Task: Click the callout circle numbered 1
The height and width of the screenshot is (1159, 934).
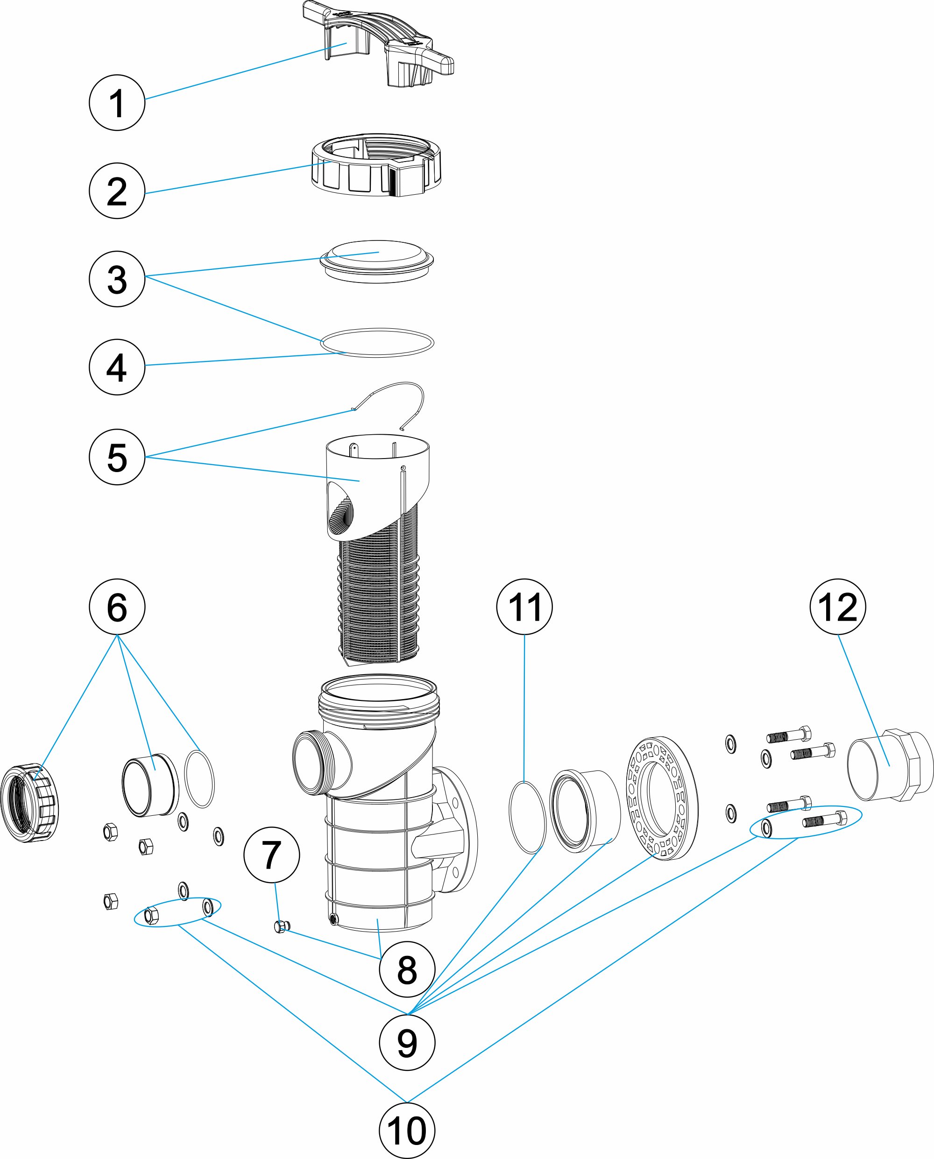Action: [x=117, y=103]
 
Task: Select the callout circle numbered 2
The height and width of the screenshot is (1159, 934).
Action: [x=117, y=191]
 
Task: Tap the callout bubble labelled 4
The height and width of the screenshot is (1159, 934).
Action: [x=117, y=367]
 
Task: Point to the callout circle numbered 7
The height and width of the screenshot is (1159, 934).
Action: [x=271, y=855]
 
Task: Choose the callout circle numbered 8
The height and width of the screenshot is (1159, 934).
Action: [x=407, y=969]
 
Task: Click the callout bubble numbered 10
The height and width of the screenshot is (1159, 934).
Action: [x=407, y=1131]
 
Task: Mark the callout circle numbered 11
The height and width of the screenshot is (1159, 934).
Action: [x=524, y=607]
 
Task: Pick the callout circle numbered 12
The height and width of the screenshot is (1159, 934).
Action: [x=837, y=607]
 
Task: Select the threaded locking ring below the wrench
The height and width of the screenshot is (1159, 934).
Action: [x=376, y=167]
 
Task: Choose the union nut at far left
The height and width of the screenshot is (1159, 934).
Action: [x=29, y=803]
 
